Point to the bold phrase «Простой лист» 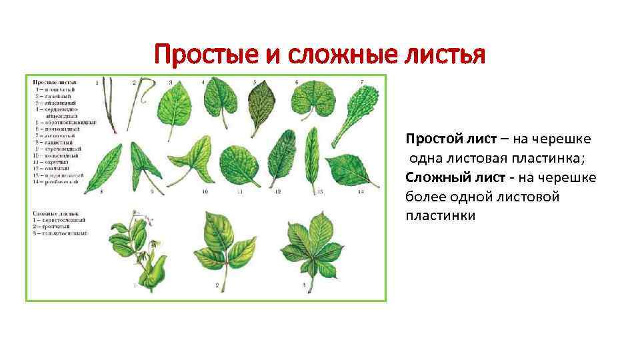[x=443, y=139]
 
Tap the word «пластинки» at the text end [x=441, y=216]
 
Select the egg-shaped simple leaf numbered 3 [x=175, y=105]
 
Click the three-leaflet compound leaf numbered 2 [x=223, y=243]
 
